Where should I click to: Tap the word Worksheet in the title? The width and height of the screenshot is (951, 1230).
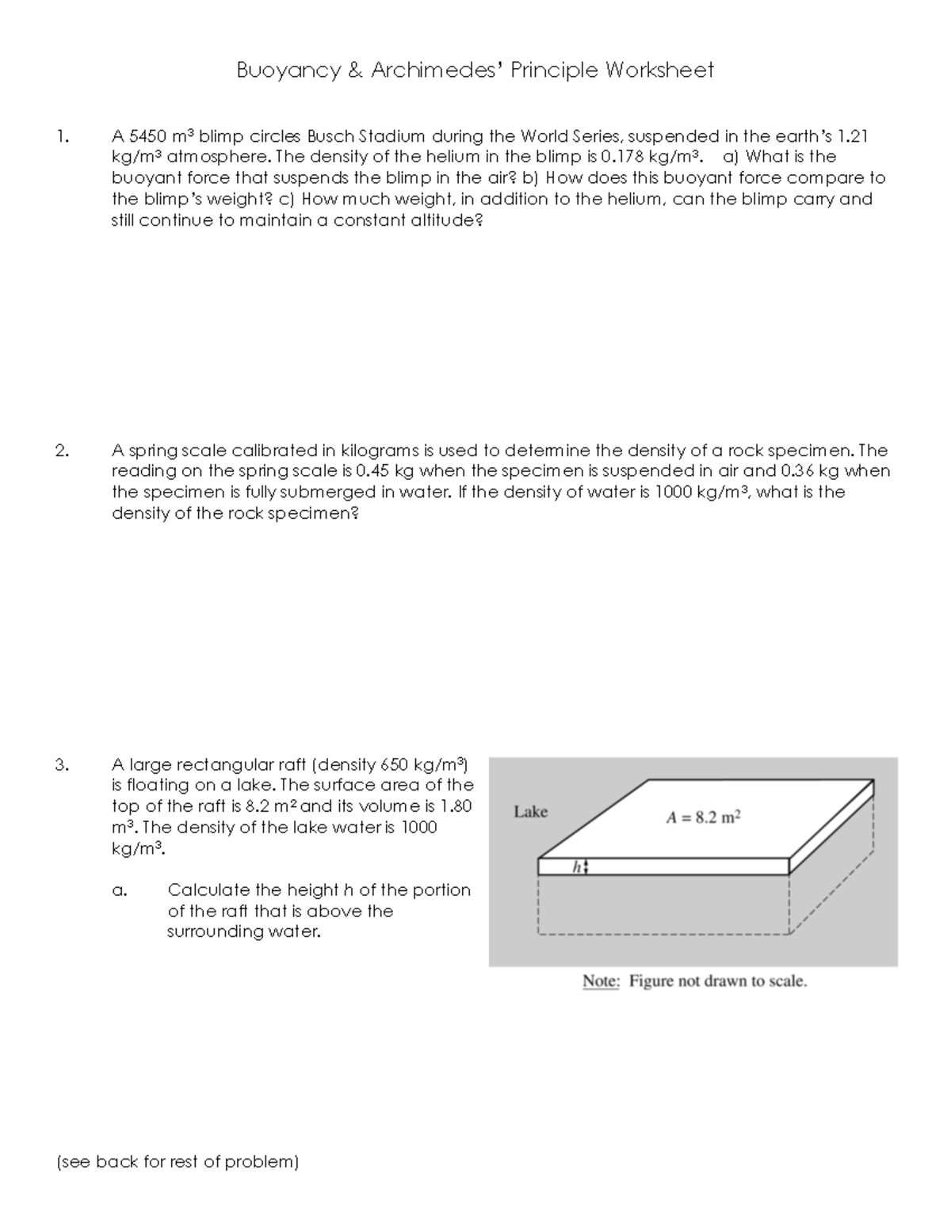pyautogui.click(x=659, y=70)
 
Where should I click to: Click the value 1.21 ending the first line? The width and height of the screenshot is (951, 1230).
pyautogui.click(x=853, y=135)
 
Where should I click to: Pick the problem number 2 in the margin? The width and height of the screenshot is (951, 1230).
pyautogui.click(x=61, y=451)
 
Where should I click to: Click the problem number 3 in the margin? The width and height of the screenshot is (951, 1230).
pyautogui.click(x=61, y=765)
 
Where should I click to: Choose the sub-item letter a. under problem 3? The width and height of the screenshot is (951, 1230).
pyautogui.click(x=119, y=891)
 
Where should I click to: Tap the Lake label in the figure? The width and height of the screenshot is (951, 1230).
pyautogui.click(x=530, y=812)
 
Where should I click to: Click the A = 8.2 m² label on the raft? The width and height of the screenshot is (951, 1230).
pyautogui.click(x=704, y=818)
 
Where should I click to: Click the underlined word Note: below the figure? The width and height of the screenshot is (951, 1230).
pyautogui.click(x=601, y=981)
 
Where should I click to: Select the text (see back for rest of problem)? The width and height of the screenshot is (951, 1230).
pyautogui.click(x=178, y=1162)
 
